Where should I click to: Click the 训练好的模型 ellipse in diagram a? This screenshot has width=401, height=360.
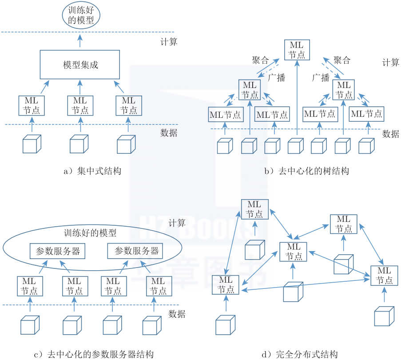80,16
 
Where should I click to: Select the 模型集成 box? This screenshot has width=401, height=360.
80,65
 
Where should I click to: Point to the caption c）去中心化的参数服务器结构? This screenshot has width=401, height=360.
94,354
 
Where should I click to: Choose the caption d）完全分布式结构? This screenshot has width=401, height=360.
300,354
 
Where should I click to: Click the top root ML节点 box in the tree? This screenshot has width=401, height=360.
297,50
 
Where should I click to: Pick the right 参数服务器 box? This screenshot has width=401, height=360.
135,251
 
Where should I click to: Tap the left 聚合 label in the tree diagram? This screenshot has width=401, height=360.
260,60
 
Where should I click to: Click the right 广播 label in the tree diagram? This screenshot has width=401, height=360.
321,77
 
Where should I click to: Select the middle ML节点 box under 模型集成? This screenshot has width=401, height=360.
80,105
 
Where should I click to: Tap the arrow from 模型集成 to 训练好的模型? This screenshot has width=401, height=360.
80,41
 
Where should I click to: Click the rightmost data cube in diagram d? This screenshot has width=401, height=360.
384,316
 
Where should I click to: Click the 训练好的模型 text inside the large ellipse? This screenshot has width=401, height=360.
90,232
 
